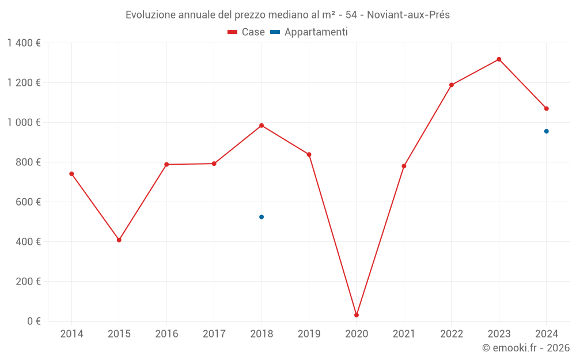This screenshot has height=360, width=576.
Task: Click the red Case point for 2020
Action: pyautogui.click(x=357, y=315)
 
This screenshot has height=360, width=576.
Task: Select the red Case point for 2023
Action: pyautogui.click(x=499, y=59)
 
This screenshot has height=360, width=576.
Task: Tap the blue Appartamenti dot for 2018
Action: pyautogui.click(x=262, y=217)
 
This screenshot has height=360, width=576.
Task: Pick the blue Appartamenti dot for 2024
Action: pyautogui.click(x=547, y=131)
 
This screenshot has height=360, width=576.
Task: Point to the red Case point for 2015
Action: pyautogui.click(x=119, y=240)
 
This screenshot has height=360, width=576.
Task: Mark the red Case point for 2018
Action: pyautogui.click(x=262, y=126)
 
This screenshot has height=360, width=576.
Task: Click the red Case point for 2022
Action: pyautogui.click(x=452, y=85)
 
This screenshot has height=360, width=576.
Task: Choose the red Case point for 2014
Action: pyautogui.click(x=71, y=174)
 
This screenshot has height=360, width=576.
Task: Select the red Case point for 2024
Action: pyautogui.click(x=547, y=108)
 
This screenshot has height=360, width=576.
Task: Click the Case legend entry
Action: pyautogui.click(x=247, y=32)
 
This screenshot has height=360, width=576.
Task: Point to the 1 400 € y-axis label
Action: pyautogui.click(x=24, y=43)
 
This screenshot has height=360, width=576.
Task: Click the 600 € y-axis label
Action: pyautogui.click(x=28, y=202)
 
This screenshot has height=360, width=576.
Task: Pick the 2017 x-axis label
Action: pyautogui.click(x=214, y=334)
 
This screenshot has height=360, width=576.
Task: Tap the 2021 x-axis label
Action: pyautogui.click(x=404, y=334)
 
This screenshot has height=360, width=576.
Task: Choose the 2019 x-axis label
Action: pyautogui.click(x=309, y=334)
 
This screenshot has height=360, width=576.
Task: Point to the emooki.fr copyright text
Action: pyautogui.click(x=526, y=348)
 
